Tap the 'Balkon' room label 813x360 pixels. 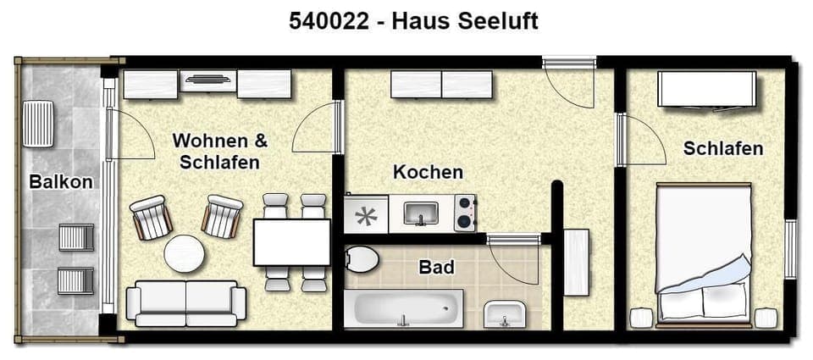[x=60, y=180]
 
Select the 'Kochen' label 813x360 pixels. [x=428, y=172]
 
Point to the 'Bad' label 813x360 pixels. [x=436, y=268]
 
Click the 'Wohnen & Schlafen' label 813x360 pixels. [x=219, y=151]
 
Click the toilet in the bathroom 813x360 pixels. [x=362, y=258]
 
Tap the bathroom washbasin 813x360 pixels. [x=505, y=314]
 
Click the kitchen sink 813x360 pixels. [x=420, y=213]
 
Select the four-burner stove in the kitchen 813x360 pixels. [x=465, y=213]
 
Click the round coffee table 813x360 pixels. [x=185, y=253]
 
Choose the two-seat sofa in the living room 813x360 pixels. [x=185, y=302]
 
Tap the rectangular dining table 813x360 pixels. [x=291, y=242]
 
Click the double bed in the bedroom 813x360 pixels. [x=704, y=254]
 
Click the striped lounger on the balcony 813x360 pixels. [x=38, y=124]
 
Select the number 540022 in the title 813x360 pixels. [x=328, y=21]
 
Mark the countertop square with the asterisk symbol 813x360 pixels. [x=366, y=214]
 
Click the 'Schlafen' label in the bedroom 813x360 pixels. [x=723, y=148]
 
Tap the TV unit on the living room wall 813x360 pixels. [x=207, y=83]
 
